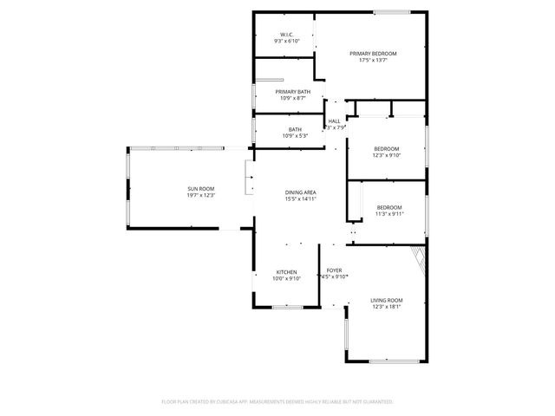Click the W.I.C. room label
(x=288, y=35)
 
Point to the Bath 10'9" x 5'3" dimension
(x=295, y=136)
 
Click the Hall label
(x=334, y=121)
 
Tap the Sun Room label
(x=200, y=189)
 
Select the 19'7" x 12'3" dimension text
(x=200, y=196)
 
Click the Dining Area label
(x=300, y=192)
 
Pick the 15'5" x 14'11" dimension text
(x=300, y=199)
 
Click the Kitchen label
(x=287, y=271)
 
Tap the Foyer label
(x=334, y=270)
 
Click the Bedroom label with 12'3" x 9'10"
(x=387, y=148)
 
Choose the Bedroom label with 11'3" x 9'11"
(x=388, y=207)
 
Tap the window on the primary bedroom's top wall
(x=392, y=12)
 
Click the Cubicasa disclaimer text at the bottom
(x=277, y=402)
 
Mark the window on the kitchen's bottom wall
(x=287, y=308)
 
